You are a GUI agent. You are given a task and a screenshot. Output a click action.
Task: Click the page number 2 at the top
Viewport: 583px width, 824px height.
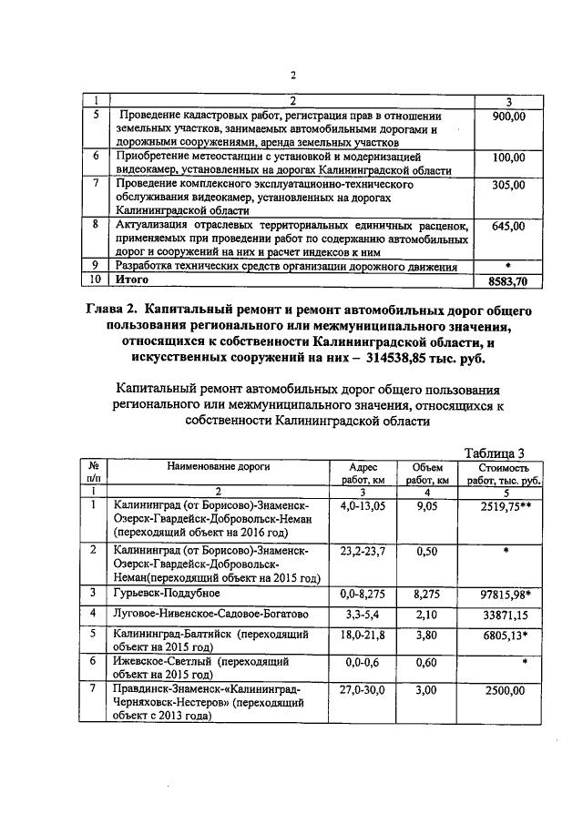click(293, 76)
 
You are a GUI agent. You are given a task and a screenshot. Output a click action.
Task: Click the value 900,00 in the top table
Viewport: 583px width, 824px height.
click(507, 117)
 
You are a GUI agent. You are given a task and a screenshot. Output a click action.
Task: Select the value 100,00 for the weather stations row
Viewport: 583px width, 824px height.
click(507, 158)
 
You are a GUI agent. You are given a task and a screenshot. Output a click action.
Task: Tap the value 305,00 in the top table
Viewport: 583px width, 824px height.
click(507, 185)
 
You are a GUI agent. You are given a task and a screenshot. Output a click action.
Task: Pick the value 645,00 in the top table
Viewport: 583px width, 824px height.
click(507, 225)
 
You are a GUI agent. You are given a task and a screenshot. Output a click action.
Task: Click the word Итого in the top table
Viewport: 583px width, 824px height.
click(133, 281)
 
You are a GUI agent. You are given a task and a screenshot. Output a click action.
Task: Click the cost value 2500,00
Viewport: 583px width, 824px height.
click(505, 691)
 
